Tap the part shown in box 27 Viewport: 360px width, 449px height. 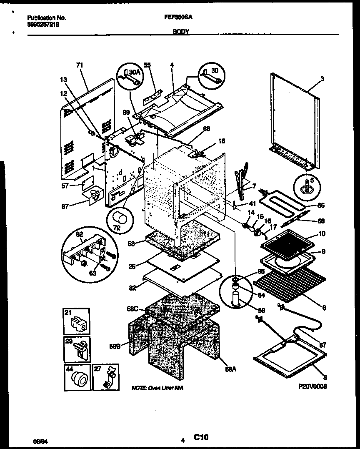(110, 378)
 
